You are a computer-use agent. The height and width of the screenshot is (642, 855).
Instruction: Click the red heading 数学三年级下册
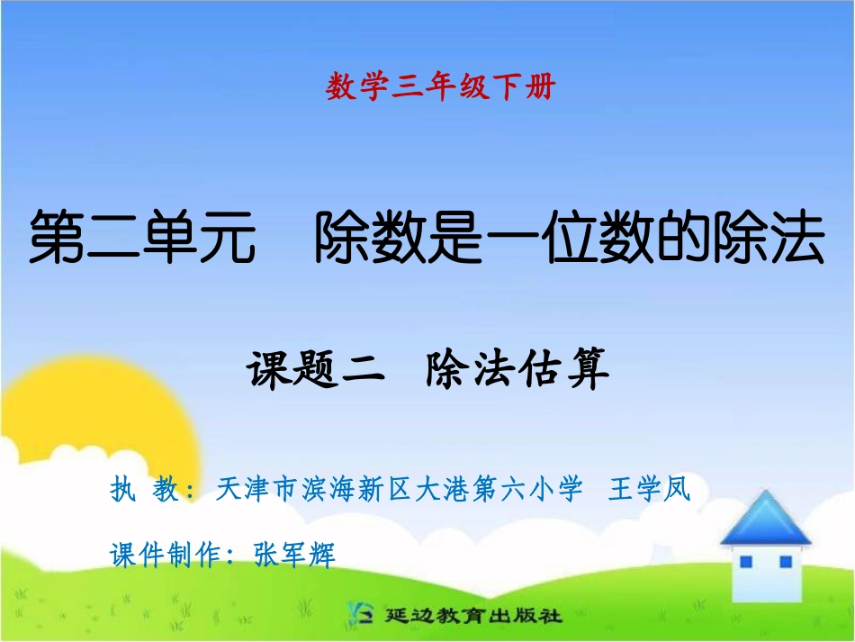point(440,87)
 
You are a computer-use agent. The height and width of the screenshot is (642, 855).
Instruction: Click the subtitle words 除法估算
point(517,369)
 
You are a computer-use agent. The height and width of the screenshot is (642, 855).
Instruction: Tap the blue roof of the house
point(765,520)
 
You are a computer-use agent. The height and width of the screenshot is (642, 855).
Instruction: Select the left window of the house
point(746,562)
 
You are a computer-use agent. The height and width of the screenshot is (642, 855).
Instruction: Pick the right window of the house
point(785,562)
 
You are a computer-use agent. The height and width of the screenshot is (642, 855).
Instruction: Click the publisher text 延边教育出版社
point(472,617)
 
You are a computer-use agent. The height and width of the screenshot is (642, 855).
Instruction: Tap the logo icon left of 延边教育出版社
point(361,615)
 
